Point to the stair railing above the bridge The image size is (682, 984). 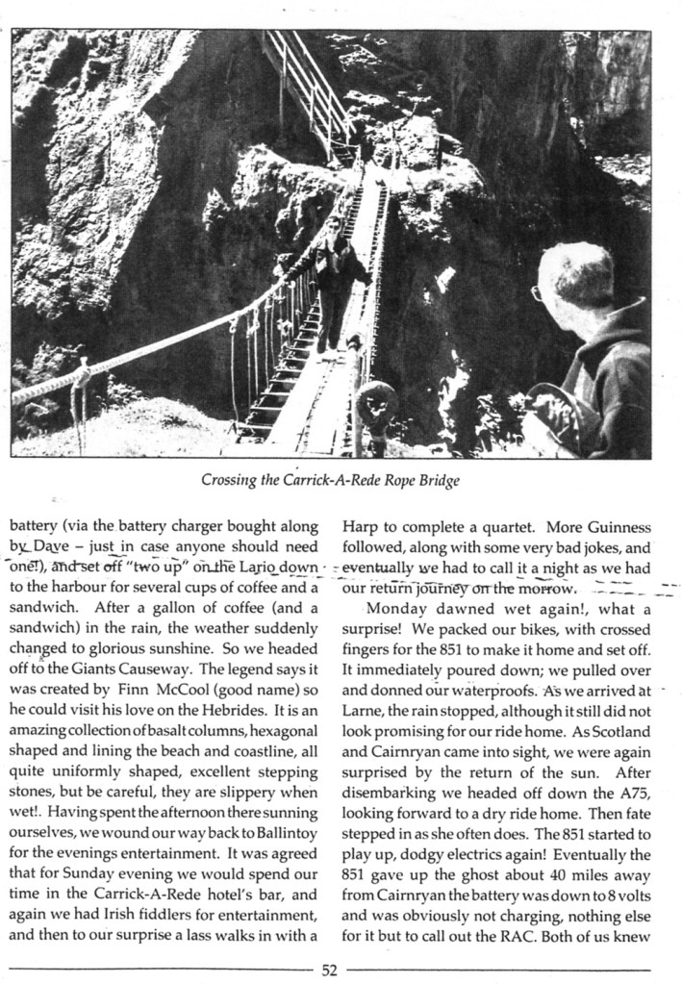pos(306,87)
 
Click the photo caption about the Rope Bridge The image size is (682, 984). pos(330,480)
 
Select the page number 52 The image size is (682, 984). pos(330,970)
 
